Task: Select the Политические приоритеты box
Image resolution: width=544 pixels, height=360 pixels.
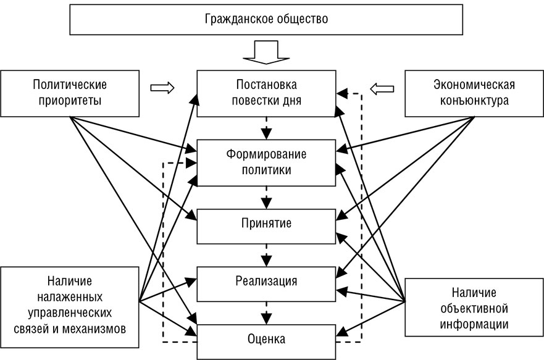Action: (70, 92)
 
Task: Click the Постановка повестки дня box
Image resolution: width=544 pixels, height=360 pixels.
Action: (266, 92)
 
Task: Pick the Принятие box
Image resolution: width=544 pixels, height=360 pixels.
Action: (266, 225)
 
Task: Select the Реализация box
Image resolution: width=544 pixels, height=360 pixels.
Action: (266, 282)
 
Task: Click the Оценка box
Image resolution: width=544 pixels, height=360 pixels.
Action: (266, 339)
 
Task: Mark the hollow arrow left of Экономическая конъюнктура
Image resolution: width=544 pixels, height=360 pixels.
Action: (382, 90)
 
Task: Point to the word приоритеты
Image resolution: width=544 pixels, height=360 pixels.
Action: (70, 100)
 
